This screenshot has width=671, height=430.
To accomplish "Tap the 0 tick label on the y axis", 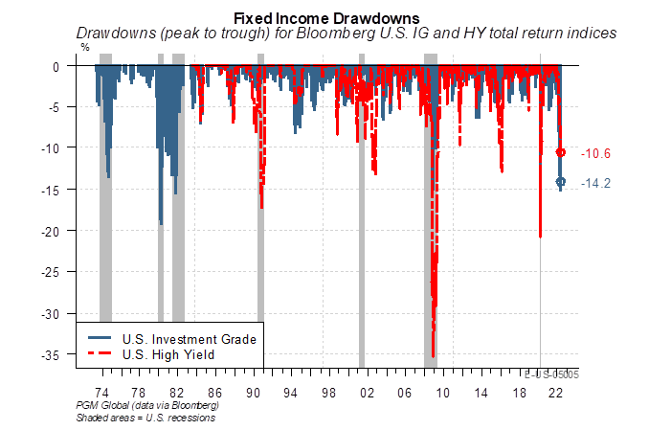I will (x=56, y=66).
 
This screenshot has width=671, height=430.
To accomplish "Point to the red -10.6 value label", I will (x=597, y=153).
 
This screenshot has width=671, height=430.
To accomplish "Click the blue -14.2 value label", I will (x=597, y=182).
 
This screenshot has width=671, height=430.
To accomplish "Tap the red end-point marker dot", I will (x=562, y=152).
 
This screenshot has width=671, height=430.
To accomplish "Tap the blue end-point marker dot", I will (x=561, y=182).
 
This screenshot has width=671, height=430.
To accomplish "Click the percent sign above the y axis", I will (x=84, y=46).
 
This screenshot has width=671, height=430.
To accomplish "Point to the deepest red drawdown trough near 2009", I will (x=433, y=355).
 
